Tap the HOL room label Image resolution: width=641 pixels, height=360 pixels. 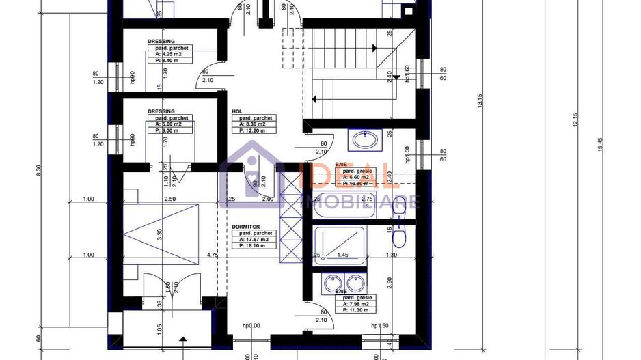(x=237, y=111)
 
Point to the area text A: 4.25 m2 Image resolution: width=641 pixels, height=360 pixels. (x=169, y=54)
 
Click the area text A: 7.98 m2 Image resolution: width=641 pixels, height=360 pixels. (x=355, y=305)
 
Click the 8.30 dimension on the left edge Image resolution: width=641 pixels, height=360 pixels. (x=38, y=168)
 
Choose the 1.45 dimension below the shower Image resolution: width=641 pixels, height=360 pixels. (x=342, y=255)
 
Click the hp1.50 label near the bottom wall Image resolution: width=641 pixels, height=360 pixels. (x=379, y=326)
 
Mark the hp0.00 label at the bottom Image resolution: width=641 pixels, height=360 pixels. (x=251, y=326)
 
